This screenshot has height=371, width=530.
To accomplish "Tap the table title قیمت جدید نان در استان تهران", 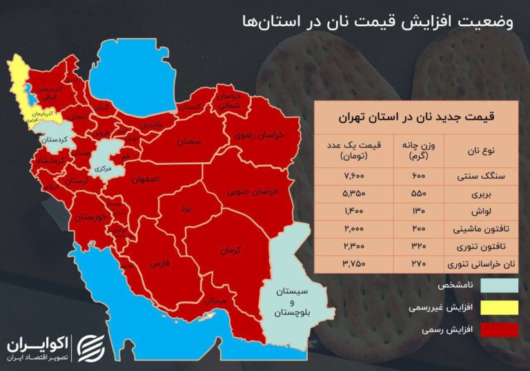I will click(415, 116).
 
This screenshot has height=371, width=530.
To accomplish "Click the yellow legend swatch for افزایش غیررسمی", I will click(500, 307).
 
